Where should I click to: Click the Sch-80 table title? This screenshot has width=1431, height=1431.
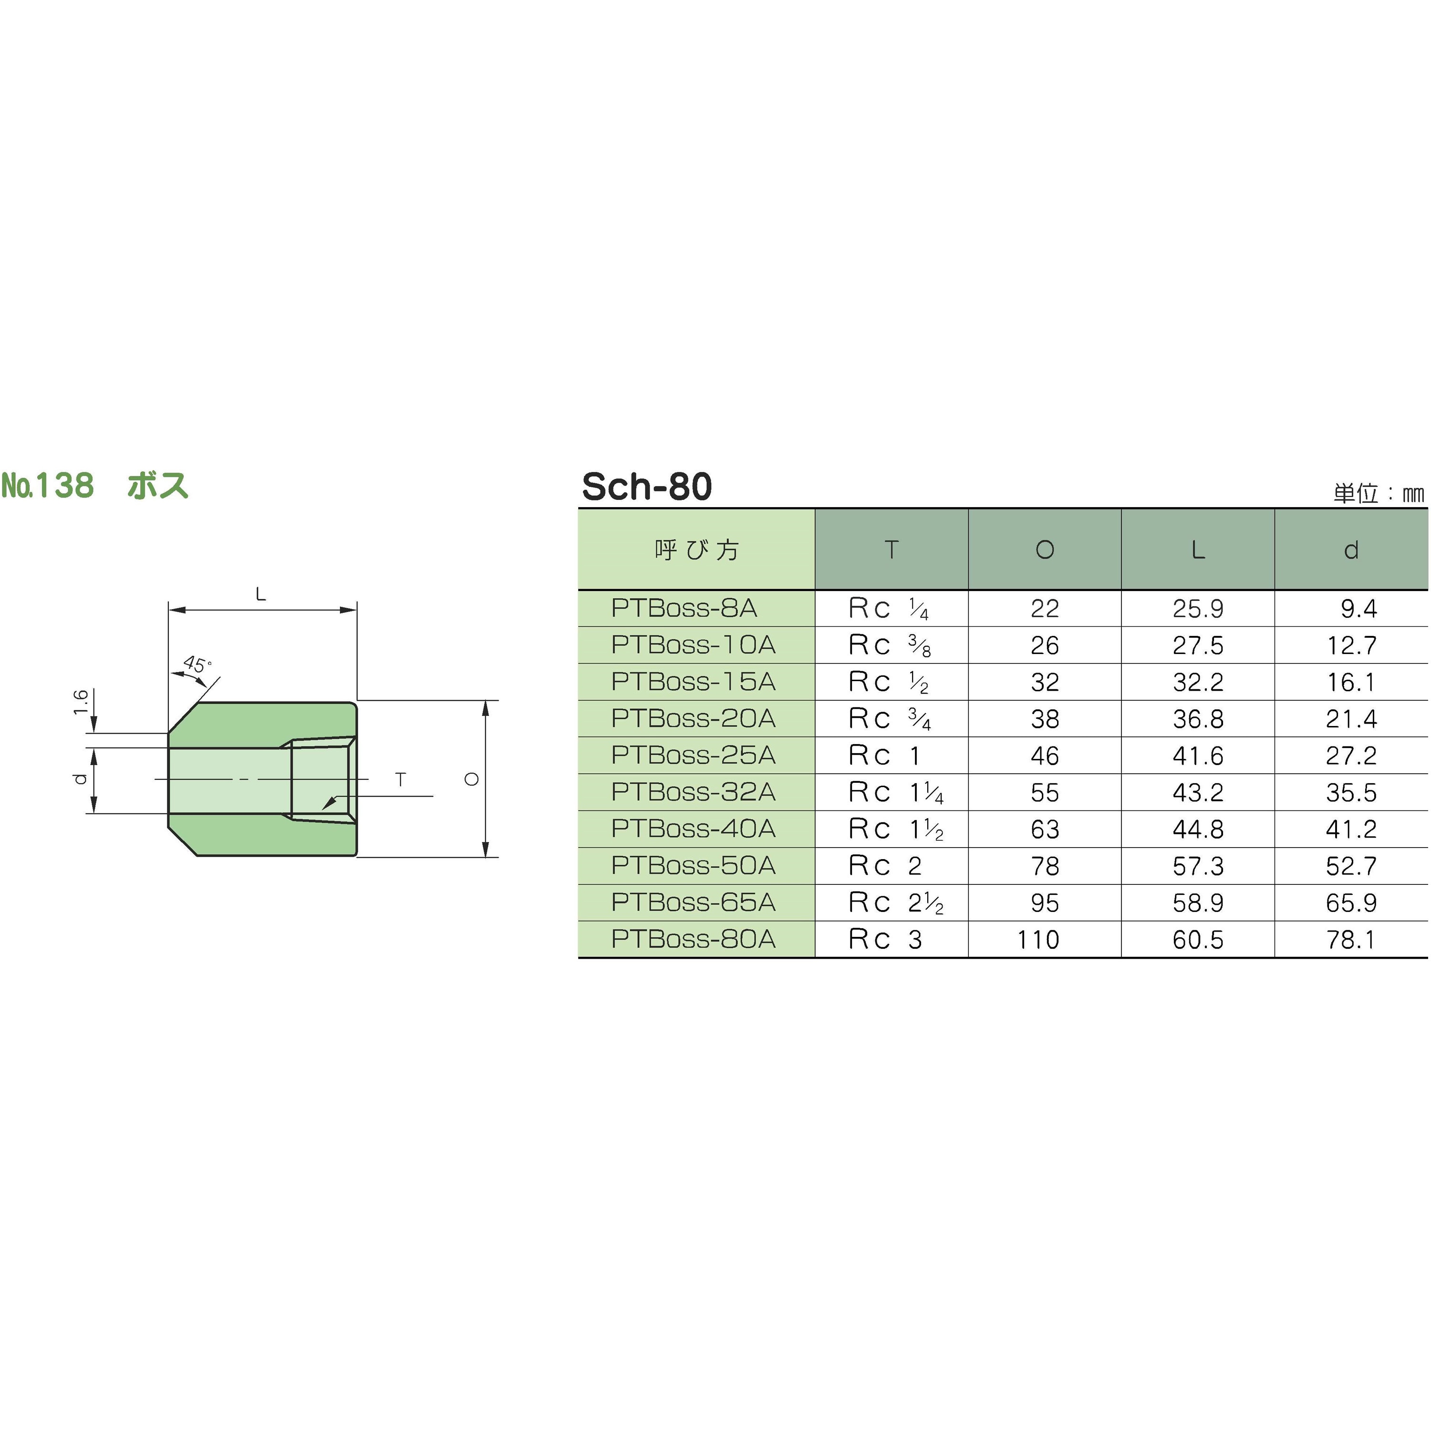click(647, 487)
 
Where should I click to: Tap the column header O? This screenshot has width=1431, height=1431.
click(1044, 550)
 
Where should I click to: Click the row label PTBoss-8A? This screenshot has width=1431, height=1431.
click(684, 608)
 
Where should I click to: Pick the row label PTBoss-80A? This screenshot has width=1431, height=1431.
click(693, 939)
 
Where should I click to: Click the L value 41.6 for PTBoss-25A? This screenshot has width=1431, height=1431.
click(1198, 756)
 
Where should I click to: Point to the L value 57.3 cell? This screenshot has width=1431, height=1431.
click(1198, 866)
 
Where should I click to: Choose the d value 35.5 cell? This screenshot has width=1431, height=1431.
click(1351, 792)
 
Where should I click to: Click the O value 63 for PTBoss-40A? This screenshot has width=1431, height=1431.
click(1044, 829)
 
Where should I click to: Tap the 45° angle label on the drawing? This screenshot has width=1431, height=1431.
click(197, 664)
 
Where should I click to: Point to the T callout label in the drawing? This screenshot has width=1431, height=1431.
click(401, 779)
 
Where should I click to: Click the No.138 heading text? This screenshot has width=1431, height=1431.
click(49, 486)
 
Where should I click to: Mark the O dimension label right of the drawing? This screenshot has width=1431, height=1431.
click(472, 779)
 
